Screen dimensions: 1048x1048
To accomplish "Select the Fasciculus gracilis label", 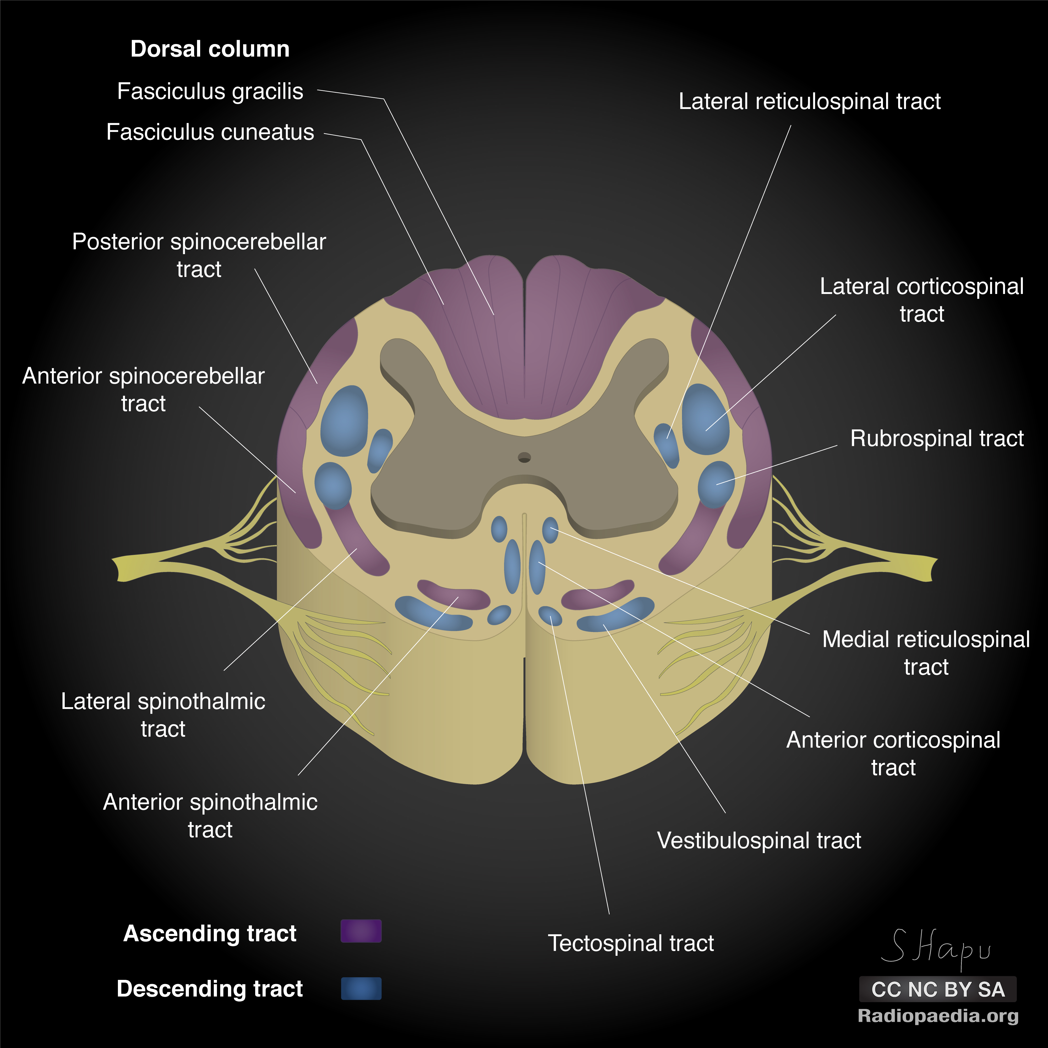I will pyautogui.click(x=210, y=91).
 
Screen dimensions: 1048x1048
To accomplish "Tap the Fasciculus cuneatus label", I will pyautogui.click(x=210, y=132).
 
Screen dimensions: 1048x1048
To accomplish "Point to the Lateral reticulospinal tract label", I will pyautogui.click(x=809, y=101).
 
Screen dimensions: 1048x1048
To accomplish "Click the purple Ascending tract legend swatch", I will pyautogui.click(x=361, y=931).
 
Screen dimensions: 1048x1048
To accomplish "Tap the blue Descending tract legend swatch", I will pyautogui.click(x=361, y=988).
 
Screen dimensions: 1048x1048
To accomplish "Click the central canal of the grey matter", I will pyautogui.click(x=524, y=457).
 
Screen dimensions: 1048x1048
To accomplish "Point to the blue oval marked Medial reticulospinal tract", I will pyautogui.click(x=550, y=530).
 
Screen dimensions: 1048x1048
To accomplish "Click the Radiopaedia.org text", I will pyautogui.click(x=937, y=1016).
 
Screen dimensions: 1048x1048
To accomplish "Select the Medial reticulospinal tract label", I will pyautogui.click(x=925, y=653).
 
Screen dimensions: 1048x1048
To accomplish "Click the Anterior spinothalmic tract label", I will pyautogui.click(x=210, y=815).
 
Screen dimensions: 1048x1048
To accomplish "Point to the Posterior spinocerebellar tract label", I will pyautogui.click(x=199, y=255).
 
